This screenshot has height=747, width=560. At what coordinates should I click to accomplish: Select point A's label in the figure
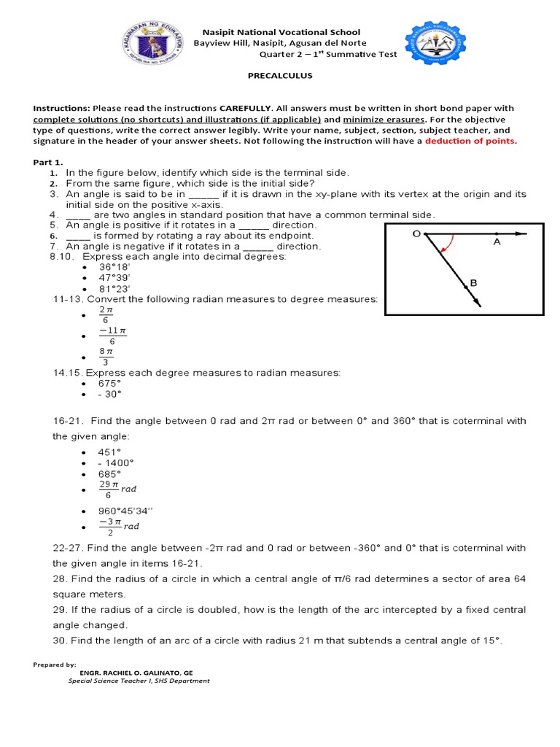[497, 242]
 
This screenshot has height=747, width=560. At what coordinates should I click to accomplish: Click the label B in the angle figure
[473, 282]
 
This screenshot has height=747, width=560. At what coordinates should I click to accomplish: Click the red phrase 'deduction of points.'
[471, 141]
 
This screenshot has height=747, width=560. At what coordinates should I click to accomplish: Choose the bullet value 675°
[110, 383]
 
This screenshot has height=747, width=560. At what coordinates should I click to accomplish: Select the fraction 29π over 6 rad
[118, 489]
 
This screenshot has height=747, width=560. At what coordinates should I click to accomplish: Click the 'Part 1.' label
[48, 161]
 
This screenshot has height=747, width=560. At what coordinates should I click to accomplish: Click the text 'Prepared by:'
[55, 665]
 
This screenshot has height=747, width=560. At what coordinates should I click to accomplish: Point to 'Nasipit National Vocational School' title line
[281, 33]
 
